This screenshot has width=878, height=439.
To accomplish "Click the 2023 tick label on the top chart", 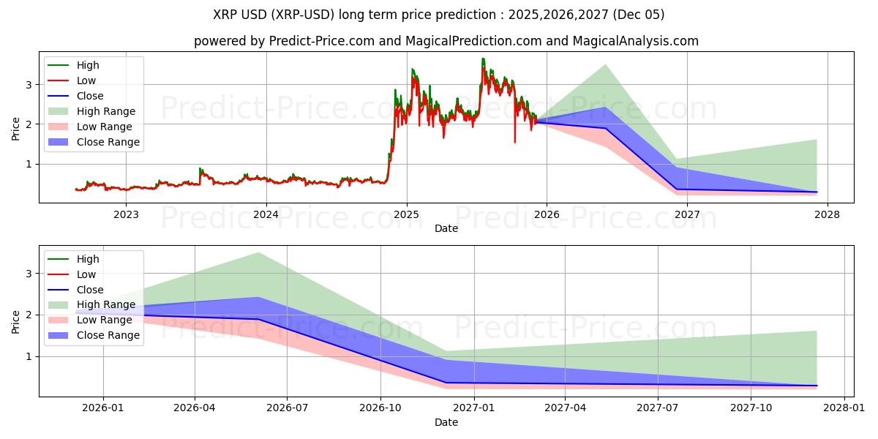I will click(x=126, y=214).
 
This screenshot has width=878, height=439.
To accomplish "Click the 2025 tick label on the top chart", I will click(x=406, y=214).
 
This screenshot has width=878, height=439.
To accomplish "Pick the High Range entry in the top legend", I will click(x=106, y=111).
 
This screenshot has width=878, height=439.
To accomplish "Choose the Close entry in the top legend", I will click(x=90, y=96).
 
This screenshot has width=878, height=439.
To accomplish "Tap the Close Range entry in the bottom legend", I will click(x=108, y=335).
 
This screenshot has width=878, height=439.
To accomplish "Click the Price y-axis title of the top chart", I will click(x=16, y=128).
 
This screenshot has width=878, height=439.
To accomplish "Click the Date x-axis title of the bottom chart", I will click(x=446, y=422).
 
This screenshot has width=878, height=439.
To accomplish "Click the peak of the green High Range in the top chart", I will click(x=605, y=65).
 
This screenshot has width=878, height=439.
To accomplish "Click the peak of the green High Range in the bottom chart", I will click(x=258, y=253).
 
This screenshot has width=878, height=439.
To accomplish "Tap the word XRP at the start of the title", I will click(x=225, y=15).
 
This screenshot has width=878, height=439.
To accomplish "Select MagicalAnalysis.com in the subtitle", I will click(x=641, y=42).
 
